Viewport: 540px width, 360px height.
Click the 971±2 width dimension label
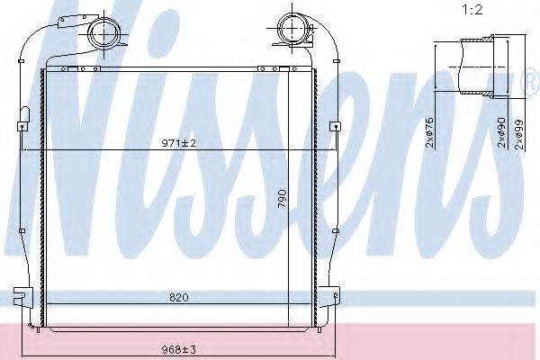click(179, 142)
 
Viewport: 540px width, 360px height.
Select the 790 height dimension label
click(282, 198)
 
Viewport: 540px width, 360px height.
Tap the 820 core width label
click(179, 297)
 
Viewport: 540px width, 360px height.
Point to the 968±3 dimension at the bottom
click(179, 350)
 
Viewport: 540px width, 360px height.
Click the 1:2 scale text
click(472, 10)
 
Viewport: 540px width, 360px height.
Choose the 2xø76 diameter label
click(429, 132)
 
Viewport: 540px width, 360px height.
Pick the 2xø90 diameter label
click(502, 132)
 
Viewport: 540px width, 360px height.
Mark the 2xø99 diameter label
click(519, 134)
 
